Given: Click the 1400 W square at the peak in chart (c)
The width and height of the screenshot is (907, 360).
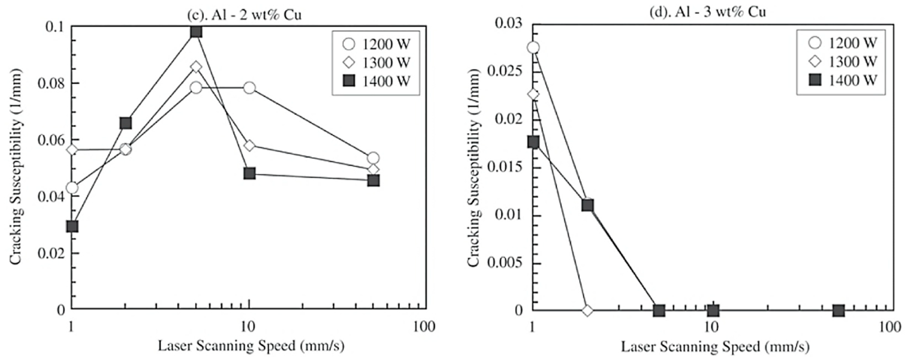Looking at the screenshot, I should coord(196,32).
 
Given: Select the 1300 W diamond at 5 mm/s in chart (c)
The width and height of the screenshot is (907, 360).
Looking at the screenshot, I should coord(197,67).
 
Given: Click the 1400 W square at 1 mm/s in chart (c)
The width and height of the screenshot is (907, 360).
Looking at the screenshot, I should coord(72,227).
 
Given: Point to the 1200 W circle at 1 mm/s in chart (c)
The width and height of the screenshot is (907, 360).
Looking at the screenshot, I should coord(72,188).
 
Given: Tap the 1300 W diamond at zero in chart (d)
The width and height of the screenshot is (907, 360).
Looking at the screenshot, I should coord(587,310).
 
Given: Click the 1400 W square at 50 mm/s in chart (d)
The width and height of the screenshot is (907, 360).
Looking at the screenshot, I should coord(839,311).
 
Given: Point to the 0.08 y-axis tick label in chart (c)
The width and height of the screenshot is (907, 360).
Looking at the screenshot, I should coord(52,84).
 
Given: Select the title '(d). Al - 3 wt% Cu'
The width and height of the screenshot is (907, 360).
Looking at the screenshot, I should coord(708,13).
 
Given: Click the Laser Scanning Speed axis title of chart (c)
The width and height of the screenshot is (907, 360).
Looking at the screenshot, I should coord(251,346).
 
